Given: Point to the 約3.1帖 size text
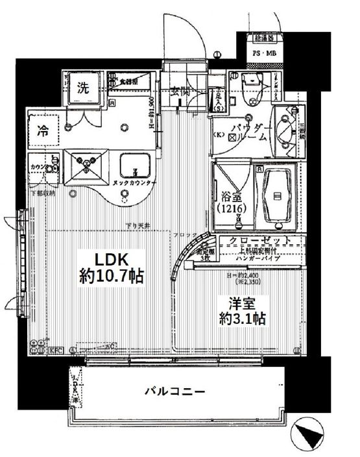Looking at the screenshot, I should tap(241, 319).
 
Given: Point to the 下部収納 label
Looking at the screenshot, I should tap(42, 193).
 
